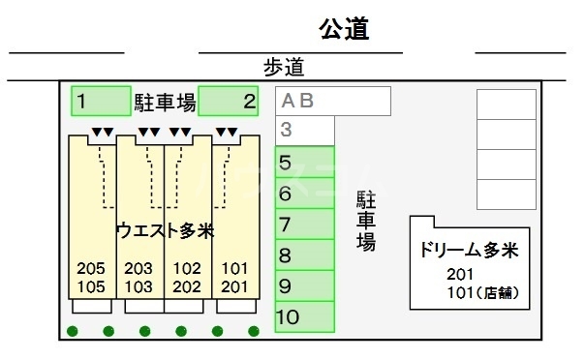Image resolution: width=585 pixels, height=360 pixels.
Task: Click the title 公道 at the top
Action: (x=345, y=30)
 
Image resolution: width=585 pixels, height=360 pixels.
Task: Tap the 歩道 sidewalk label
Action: (x=283, y=67)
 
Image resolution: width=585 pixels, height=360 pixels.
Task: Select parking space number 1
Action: (x=101, y=100)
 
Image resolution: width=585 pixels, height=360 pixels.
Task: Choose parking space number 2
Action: (x=228, y=100)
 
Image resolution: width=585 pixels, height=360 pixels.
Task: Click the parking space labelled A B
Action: (x=333, y=100)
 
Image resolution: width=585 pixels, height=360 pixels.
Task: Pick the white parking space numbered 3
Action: (x=305, y=130)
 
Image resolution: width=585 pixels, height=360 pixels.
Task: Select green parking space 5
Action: (x=305, y=162)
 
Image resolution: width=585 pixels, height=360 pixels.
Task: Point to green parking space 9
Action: (x=305, y=285)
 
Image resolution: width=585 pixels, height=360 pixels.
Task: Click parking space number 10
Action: (x=305, y=316)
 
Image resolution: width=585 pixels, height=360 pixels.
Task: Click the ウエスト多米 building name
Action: (x=164, y=230)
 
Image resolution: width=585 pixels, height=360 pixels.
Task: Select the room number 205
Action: (x=91, y=268)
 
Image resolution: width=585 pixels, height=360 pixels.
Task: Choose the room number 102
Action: (x=187, y=268)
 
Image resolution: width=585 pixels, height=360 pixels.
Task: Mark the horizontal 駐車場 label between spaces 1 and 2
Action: (x=165, y=100)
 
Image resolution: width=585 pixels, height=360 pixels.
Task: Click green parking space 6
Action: (x=305, y=193)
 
